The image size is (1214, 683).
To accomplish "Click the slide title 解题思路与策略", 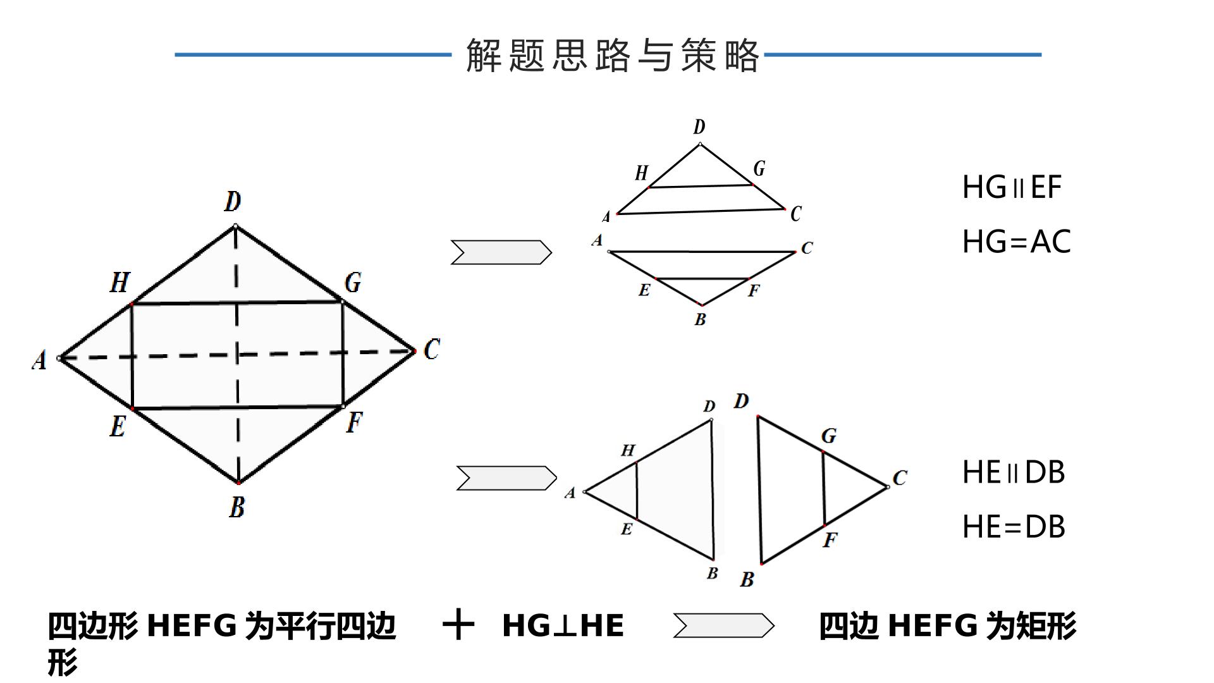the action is [612, 55].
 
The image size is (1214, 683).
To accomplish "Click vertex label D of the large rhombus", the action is [233, 202].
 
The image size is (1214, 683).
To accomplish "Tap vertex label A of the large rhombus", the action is [39, 360].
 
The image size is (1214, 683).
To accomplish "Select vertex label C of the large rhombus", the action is [432, 349].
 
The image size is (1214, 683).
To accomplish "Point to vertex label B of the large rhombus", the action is [236, 507].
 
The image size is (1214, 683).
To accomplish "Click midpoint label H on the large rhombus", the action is [120, 282].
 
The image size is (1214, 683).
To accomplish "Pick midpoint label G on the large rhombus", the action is [353, 282].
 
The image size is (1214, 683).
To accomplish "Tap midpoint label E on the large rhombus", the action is [118, 426].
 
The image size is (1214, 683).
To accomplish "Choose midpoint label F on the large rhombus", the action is [354, 422].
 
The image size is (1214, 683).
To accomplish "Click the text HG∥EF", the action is [1012, 187].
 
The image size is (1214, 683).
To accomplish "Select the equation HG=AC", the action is [1017, 242].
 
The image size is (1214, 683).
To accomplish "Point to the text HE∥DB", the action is [1014, 472].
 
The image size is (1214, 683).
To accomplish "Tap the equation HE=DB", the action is [1014, 527].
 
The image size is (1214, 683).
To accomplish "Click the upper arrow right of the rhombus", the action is [501, 252].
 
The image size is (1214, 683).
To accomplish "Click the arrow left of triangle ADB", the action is [506, 478].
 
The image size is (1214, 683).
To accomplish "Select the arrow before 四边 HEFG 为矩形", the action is [723, 625].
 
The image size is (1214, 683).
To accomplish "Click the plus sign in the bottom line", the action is [458, 625].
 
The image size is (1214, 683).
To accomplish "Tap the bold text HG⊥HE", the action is [563, 625].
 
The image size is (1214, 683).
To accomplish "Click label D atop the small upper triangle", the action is [699, 127].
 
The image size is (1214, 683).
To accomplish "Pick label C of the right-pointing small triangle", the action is [900, 477].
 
